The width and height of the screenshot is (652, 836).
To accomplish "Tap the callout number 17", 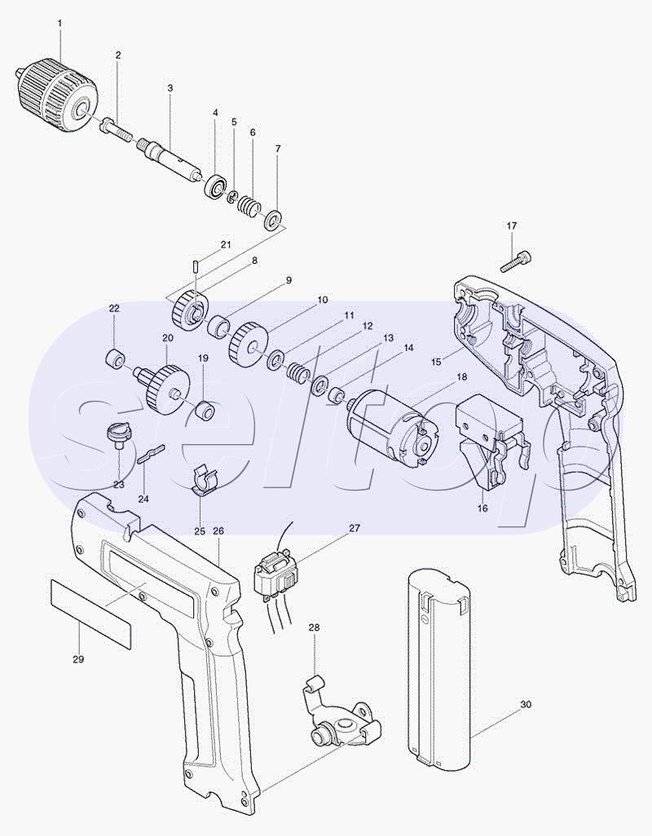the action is (x=511, y=226).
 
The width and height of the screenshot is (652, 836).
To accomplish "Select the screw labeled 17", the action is (x=513, y=261).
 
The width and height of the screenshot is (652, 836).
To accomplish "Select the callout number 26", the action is (x=218, y=531).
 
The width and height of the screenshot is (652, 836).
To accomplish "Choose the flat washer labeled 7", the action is (x=274, y=219).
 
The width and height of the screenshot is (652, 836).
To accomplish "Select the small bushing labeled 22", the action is (x=116, y=359).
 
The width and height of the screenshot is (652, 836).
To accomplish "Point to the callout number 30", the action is (x=526, y=704).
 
